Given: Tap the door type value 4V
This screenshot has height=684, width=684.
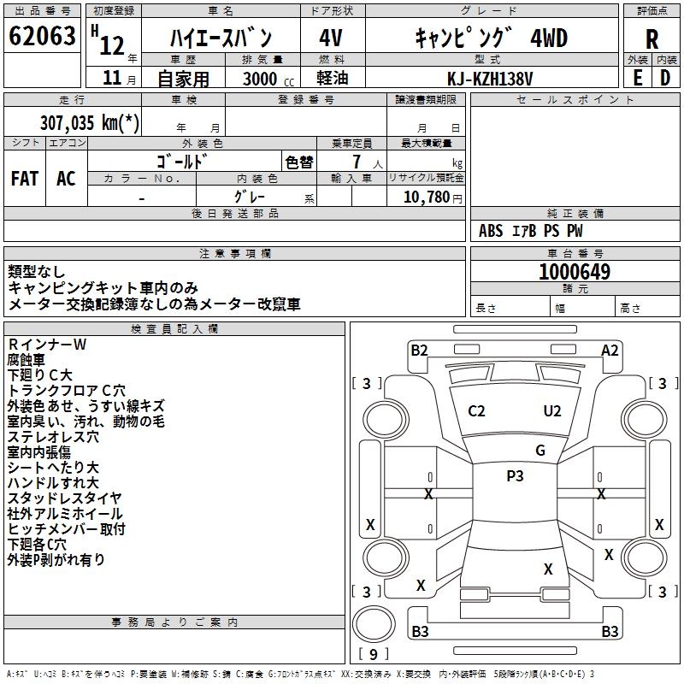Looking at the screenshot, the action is tap(331, 38).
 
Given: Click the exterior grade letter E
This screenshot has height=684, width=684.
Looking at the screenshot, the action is tap(637, 77).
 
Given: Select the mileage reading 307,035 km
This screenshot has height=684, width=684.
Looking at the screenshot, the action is tap(88, 122).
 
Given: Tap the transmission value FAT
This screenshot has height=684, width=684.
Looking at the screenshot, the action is tap(25, 178).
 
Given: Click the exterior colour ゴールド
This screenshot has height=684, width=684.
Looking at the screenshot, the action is tap(182, 161).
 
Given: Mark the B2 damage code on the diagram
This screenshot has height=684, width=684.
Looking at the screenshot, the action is tap(419, 349).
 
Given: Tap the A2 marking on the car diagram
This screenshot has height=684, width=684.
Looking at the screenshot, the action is tap(610, 349).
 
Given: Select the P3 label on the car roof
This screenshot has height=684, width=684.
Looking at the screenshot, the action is tap(515, 476).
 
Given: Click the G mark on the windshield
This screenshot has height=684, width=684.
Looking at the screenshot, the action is tap(540, 451).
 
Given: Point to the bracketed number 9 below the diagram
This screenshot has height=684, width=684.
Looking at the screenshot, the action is tap(372, 654).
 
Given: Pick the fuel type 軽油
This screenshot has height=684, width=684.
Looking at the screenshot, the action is tap(331, 78).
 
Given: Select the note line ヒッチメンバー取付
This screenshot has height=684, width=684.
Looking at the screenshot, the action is tap(67, 528).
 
